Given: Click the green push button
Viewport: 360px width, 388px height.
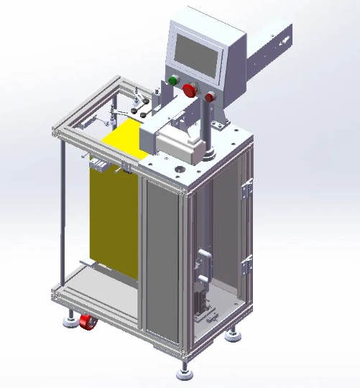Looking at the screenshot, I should (x=173, y=80).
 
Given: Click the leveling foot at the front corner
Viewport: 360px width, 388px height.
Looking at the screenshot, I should (x=186, y=372).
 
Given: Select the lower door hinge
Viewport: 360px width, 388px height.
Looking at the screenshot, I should (x=248, y=263).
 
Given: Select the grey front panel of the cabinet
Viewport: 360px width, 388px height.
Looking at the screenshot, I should (x=162, y=259).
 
